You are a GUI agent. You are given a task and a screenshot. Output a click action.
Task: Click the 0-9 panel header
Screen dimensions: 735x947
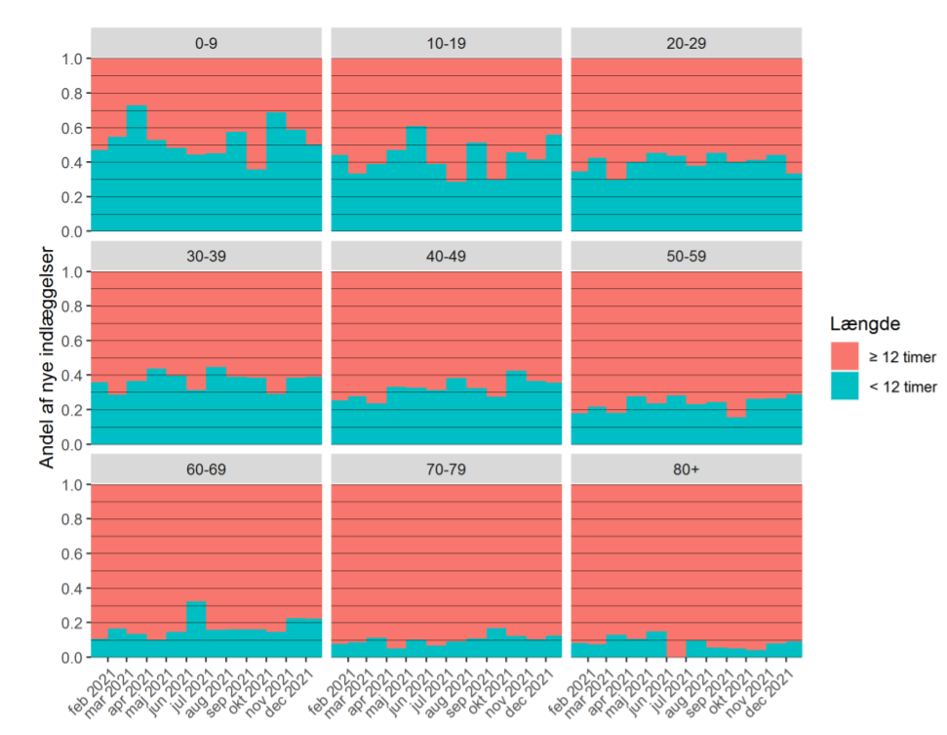click(x=206, y=43)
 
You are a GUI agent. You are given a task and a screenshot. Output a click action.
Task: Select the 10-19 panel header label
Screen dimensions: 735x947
click(x=446, y=43)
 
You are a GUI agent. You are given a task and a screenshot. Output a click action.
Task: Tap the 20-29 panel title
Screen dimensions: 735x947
click(x=686, y=43)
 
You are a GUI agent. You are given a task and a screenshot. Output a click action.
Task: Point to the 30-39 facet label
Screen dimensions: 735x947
click(x=206, y=257)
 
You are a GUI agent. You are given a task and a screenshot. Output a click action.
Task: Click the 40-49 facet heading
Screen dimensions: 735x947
click(x=446, y=257)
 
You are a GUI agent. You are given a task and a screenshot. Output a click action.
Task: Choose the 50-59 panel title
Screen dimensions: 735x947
click(x=686, y=257)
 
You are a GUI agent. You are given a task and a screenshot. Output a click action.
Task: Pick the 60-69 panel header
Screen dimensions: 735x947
click(x=206, y=470)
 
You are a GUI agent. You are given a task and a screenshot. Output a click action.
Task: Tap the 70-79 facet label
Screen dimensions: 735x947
click(x=446, y=470)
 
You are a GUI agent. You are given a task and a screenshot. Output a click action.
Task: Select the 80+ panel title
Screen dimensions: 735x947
click(x=686, y=470)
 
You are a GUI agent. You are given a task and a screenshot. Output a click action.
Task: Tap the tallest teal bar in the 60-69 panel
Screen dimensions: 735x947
click(x=196, y=629)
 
